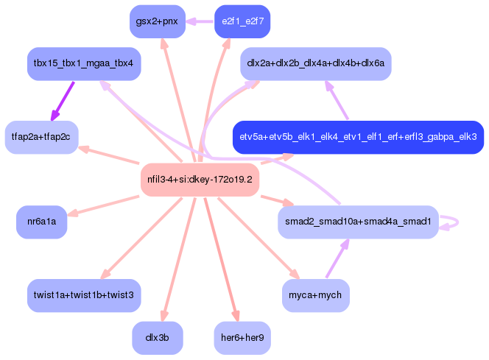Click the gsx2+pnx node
[158, 21]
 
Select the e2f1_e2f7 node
[242, 21]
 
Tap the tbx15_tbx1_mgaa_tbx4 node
[84, 64]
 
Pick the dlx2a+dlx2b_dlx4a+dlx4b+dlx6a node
[316, 64]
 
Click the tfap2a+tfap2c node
[41, 137]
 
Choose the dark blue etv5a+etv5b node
[359, 137]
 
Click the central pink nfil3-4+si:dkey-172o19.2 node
[200, 180]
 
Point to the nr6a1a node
[42, 222]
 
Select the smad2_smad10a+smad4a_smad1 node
[359, 222]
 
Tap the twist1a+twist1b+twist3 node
[84, 295]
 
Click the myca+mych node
[316, 295]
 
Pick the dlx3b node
[158, 338]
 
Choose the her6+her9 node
[242, 338]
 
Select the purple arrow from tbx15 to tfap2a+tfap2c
[63, 101]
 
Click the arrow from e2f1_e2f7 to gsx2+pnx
[200, 22]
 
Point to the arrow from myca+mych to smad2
[337, 258]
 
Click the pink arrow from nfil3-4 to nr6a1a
[103, 205]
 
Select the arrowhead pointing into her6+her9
[236, 315]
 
